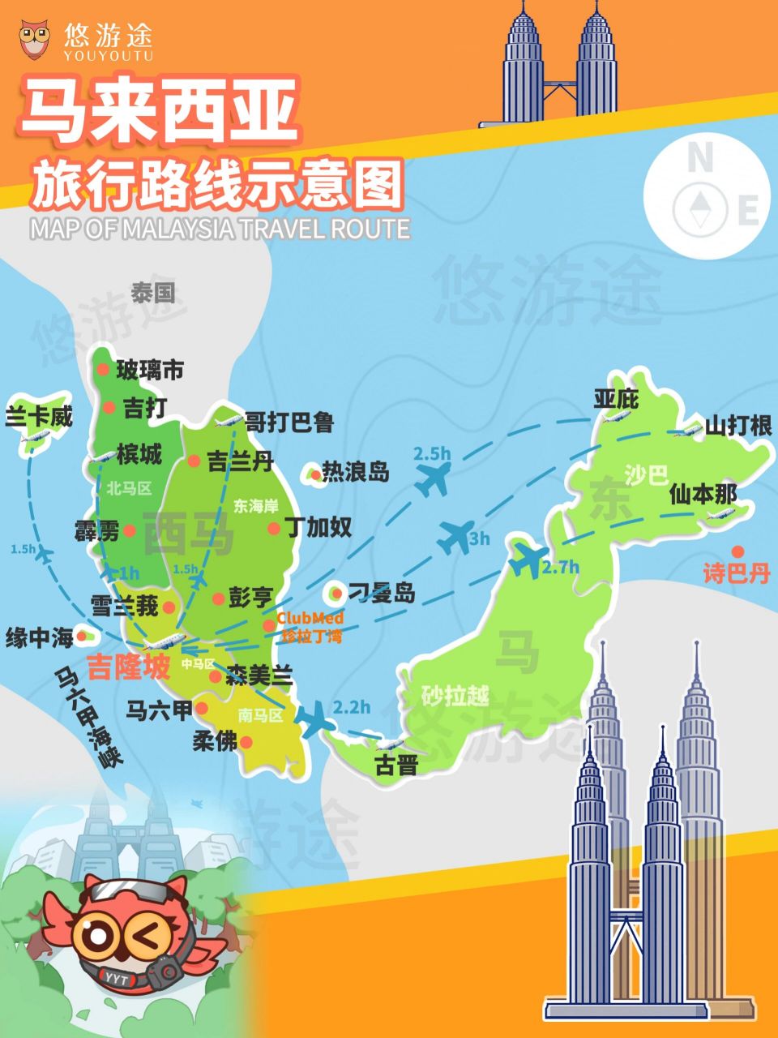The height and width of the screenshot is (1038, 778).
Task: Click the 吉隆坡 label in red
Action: [130, 667]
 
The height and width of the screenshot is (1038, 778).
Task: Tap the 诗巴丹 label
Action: [736, 574]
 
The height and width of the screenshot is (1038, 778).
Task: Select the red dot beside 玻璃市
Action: [103, 370]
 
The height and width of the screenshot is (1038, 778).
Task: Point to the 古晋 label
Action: [395, 765]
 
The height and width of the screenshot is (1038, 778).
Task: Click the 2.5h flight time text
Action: [431, 454]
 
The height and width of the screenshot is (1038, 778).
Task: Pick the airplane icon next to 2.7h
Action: [528, 560]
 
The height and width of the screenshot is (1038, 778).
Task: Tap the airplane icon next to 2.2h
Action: [312, 718]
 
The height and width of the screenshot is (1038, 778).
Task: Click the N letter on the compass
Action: [699, 158]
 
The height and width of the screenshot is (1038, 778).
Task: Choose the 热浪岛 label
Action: [355, 471]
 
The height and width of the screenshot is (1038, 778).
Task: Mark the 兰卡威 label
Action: [39, 417]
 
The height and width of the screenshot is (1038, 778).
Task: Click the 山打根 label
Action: [738, 426]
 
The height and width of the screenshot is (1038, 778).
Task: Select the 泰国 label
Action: [152, 293]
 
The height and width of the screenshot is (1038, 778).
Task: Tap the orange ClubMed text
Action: [310, 618]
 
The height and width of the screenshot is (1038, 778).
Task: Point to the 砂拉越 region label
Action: [455, 696]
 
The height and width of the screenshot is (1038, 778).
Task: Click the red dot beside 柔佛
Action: [246, 742]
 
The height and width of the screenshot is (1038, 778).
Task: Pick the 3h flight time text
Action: [480, 538]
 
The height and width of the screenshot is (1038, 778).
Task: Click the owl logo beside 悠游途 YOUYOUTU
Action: [35, 38]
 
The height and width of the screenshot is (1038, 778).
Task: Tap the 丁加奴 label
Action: [318, 527]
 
